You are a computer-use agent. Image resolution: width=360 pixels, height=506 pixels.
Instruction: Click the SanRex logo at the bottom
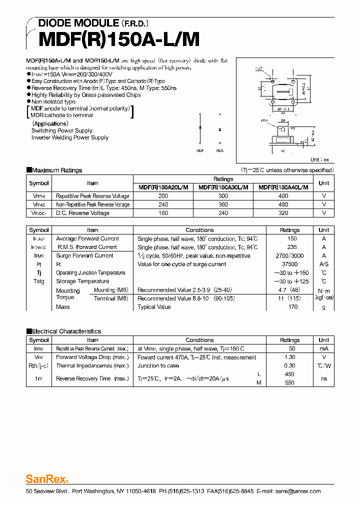(42, 478)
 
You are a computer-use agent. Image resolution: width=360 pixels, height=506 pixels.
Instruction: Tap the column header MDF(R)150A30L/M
(223, 187)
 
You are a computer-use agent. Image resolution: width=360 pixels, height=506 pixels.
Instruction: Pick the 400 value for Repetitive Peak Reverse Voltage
(283, 196)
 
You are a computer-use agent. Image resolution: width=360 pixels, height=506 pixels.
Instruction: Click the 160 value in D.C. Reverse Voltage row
(163, 213)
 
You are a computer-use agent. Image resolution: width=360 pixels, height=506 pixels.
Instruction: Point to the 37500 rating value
(289, 264)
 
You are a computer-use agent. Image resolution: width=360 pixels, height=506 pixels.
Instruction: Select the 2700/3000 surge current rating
(289, 255)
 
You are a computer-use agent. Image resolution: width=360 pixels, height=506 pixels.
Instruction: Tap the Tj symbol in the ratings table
(39, 273)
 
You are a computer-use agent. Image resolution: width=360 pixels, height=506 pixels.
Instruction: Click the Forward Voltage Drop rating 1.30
(289, 357)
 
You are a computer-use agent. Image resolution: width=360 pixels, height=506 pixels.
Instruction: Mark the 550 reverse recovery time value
(289, 382)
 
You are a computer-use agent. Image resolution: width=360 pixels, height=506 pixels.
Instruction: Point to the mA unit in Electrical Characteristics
(323, 348)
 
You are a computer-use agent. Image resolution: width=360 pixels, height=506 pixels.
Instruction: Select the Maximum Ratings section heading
(56, 170)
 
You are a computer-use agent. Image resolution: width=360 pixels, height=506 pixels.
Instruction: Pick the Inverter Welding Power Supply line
(69, 137)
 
